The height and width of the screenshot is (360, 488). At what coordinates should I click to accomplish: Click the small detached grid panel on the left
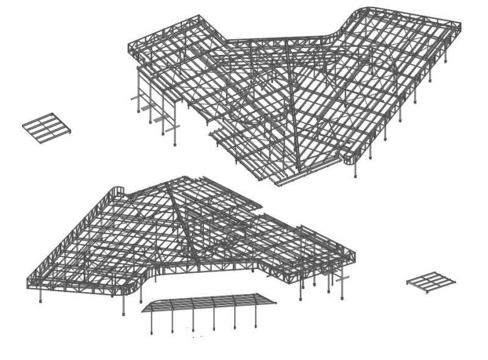pos(46,126)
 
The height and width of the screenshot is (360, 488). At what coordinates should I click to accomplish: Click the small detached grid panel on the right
pos(431,281)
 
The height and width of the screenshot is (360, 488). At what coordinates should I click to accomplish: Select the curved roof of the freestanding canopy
pos(208,301)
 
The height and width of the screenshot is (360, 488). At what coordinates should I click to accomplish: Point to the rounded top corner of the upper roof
pos(362,12)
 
